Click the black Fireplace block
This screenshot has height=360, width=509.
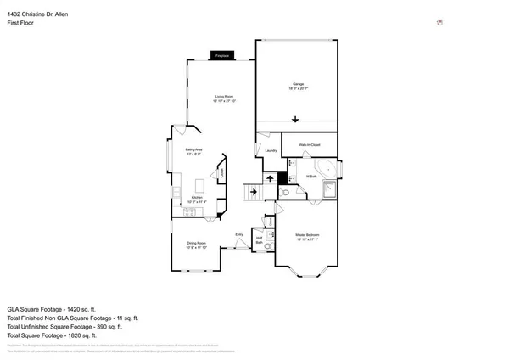[223, 56]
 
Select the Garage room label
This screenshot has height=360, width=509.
[298, 85]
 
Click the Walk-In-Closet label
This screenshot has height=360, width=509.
[309, 145]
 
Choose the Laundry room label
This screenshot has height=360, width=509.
[271, 151]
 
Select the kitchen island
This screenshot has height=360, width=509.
[201, 184]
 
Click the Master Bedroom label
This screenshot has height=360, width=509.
[306, 236]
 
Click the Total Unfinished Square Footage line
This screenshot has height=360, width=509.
[64, 326]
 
